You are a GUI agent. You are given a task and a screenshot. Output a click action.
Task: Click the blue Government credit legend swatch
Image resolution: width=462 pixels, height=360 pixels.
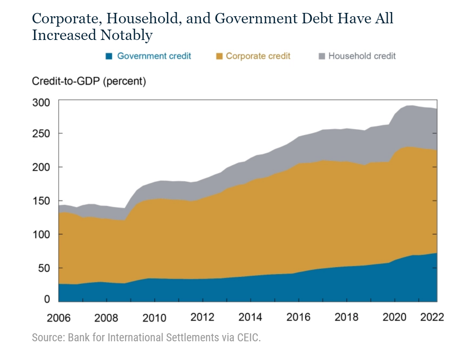point(109,56)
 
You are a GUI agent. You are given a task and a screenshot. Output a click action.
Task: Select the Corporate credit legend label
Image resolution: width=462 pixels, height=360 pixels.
point(258,56)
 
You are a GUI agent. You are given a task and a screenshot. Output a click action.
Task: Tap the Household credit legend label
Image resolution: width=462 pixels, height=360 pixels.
point(362,56)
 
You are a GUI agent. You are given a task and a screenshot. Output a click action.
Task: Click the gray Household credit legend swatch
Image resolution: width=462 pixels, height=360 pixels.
point(321,56)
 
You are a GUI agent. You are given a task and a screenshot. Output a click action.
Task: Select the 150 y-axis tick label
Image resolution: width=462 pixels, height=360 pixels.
point(41,201)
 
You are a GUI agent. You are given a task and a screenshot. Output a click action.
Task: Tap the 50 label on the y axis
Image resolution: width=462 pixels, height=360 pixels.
point(44,268)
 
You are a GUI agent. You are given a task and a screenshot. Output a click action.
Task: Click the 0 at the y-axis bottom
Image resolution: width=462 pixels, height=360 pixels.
point(47,299)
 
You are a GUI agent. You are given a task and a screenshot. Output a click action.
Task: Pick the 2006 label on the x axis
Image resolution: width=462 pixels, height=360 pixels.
point(59,318)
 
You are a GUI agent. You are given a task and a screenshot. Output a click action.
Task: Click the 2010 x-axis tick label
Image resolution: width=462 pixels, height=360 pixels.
point(154,318)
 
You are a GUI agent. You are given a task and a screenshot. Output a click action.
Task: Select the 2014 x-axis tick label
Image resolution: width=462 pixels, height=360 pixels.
point(250,318)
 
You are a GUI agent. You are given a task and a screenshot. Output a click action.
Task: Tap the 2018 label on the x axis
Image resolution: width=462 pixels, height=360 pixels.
point(346,318)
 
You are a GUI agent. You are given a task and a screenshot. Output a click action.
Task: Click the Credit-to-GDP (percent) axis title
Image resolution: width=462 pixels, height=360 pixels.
point(89,82)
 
